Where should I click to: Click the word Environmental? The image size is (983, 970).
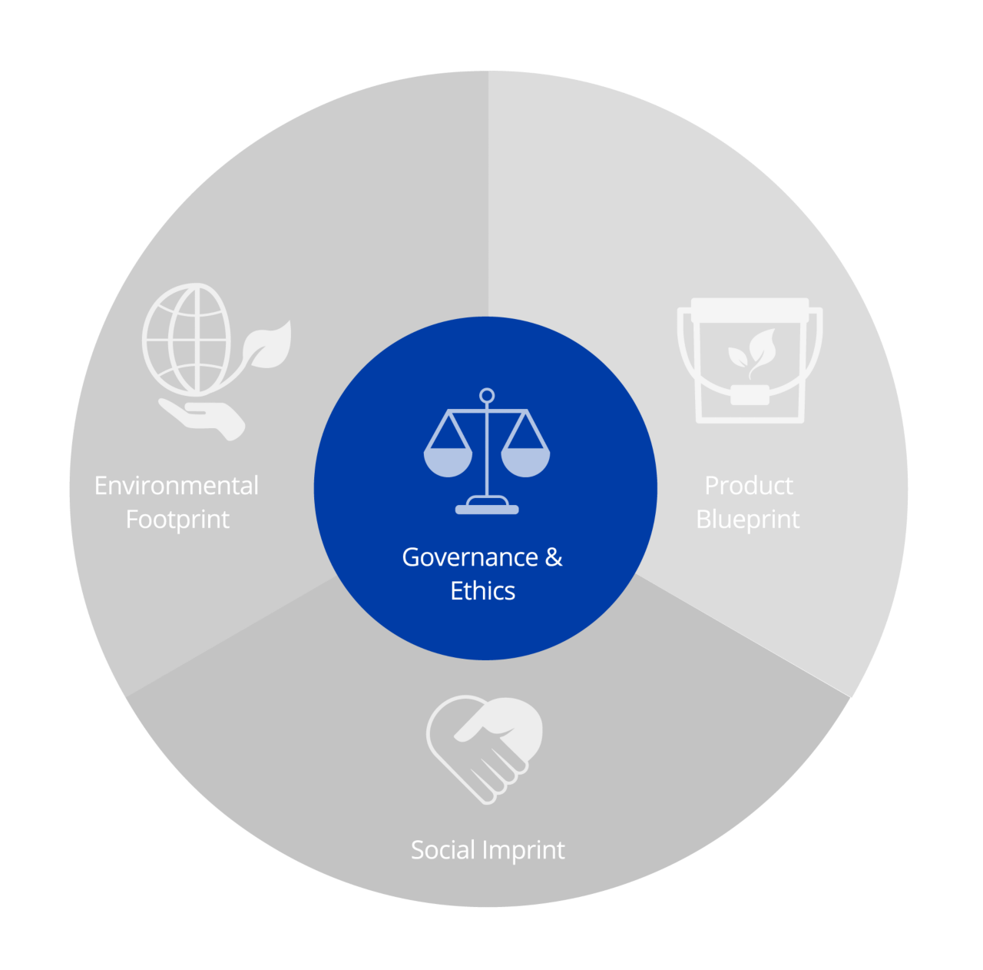(176, 486)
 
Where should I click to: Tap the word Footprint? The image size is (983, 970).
(177, 520)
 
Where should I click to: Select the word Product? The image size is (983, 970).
(749, 486)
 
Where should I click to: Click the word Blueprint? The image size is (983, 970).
(748, 520)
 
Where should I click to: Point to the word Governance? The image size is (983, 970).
(470, 557)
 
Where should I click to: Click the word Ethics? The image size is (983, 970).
(482, 591)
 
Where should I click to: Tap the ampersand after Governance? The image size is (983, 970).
(554, 557)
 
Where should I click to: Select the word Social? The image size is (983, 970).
(443, 850)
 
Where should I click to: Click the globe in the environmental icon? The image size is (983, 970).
(187, 339)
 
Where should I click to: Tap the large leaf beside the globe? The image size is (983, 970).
(268, 345)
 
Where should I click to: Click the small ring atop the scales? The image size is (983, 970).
(487, 396)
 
